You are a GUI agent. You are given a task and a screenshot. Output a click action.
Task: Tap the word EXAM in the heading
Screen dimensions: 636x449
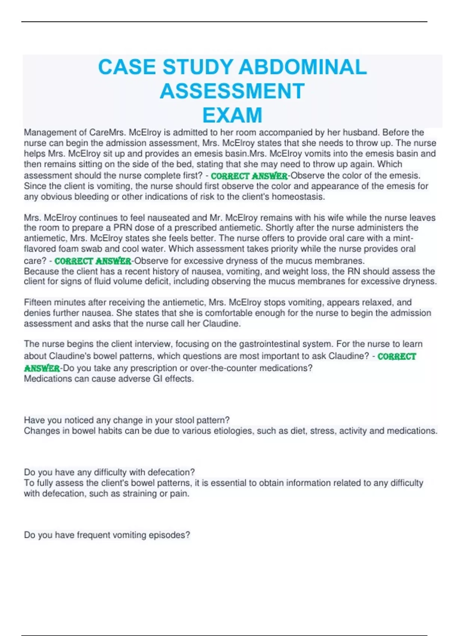pos(232,115)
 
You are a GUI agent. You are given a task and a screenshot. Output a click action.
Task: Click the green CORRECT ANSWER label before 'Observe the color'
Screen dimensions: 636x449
pos(249,176)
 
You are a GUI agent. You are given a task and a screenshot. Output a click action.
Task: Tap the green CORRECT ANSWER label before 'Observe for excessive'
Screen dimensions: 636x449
pos(93,261)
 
